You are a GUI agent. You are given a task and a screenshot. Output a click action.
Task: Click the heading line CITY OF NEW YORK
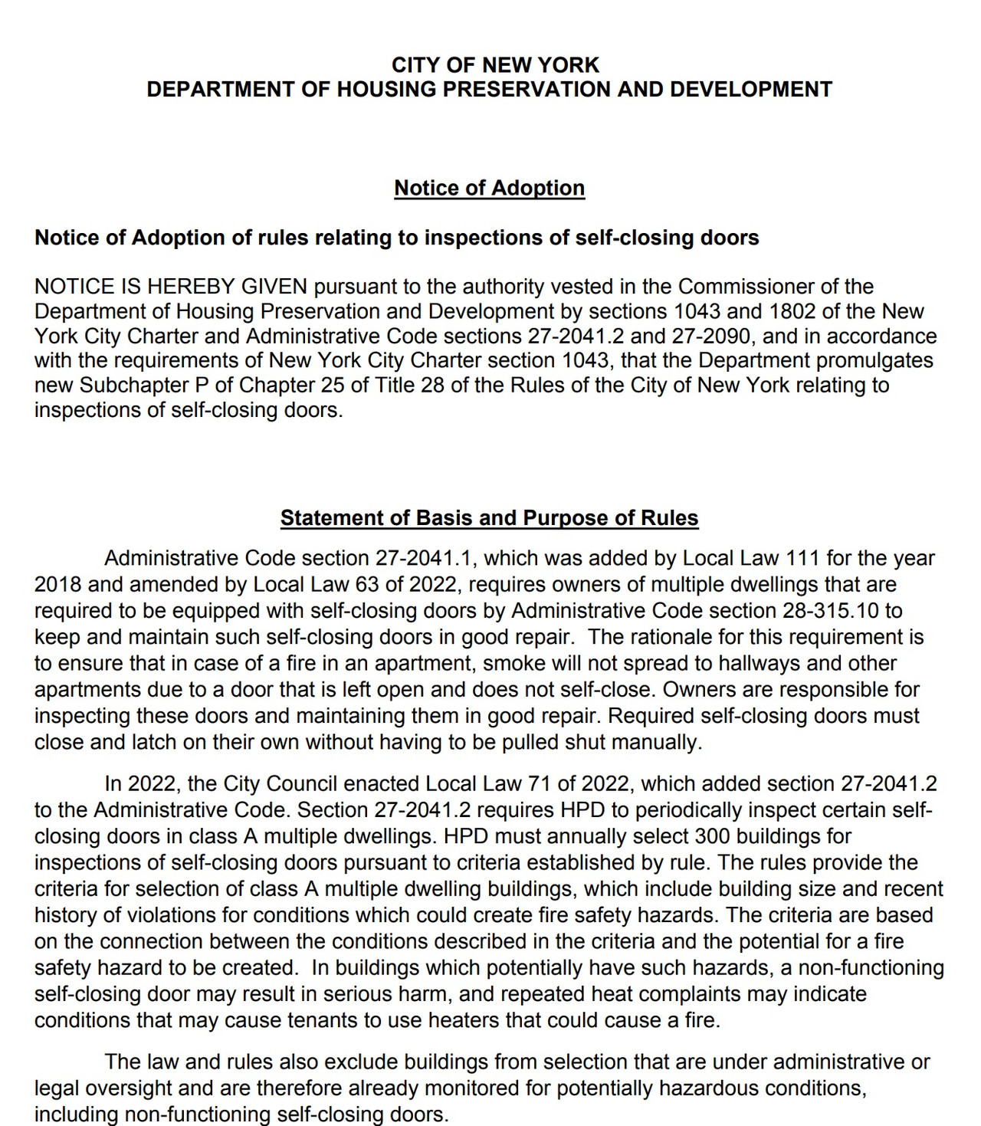[x=495, y=65]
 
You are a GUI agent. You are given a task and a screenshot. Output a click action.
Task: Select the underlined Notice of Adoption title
[x=489, y=188]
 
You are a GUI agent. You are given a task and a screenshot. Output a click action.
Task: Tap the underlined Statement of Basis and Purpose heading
[x=489, y=518]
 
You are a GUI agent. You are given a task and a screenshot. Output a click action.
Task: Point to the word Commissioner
[x=746, y=287]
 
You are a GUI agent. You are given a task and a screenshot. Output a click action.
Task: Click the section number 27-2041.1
[x=422, y=558]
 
